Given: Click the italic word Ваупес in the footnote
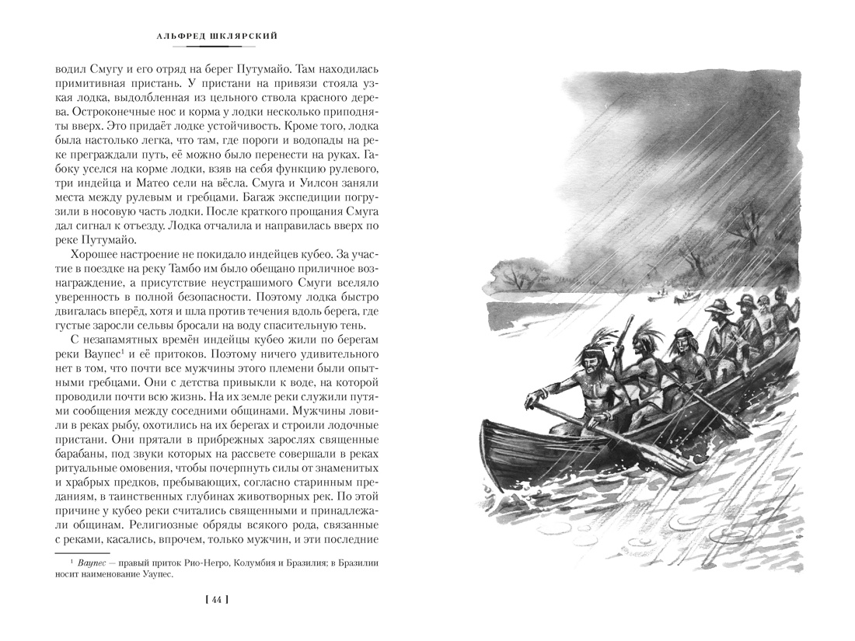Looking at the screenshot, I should tap(96, 562).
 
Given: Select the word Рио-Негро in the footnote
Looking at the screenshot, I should tap(224, 562).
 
